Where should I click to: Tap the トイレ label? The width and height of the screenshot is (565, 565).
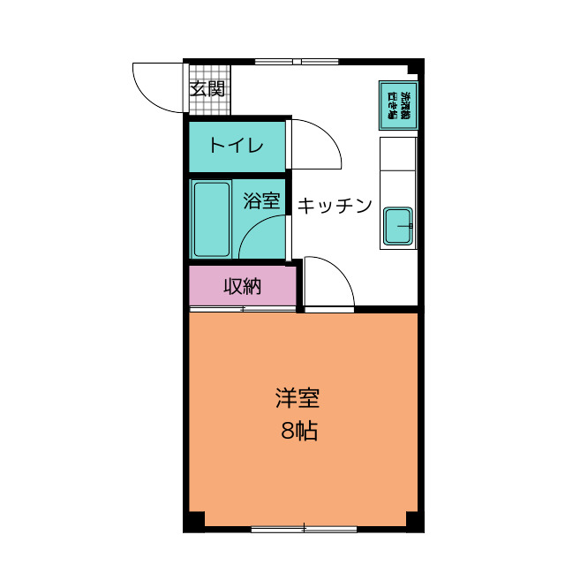point(236,146)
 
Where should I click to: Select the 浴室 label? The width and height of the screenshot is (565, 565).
point(261,201)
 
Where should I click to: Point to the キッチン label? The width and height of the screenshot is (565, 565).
point(334,206)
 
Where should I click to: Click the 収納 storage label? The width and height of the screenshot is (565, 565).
point(242,286)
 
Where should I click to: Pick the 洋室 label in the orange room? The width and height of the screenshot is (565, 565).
point(297,398)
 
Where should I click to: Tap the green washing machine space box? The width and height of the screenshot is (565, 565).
point(397,106)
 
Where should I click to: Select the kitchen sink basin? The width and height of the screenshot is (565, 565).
point(399,227)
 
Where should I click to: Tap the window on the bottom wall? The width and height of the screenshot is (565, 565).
point(304,529)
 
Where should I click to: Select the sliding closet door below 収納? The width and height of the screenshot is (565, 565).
point(242,308)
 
